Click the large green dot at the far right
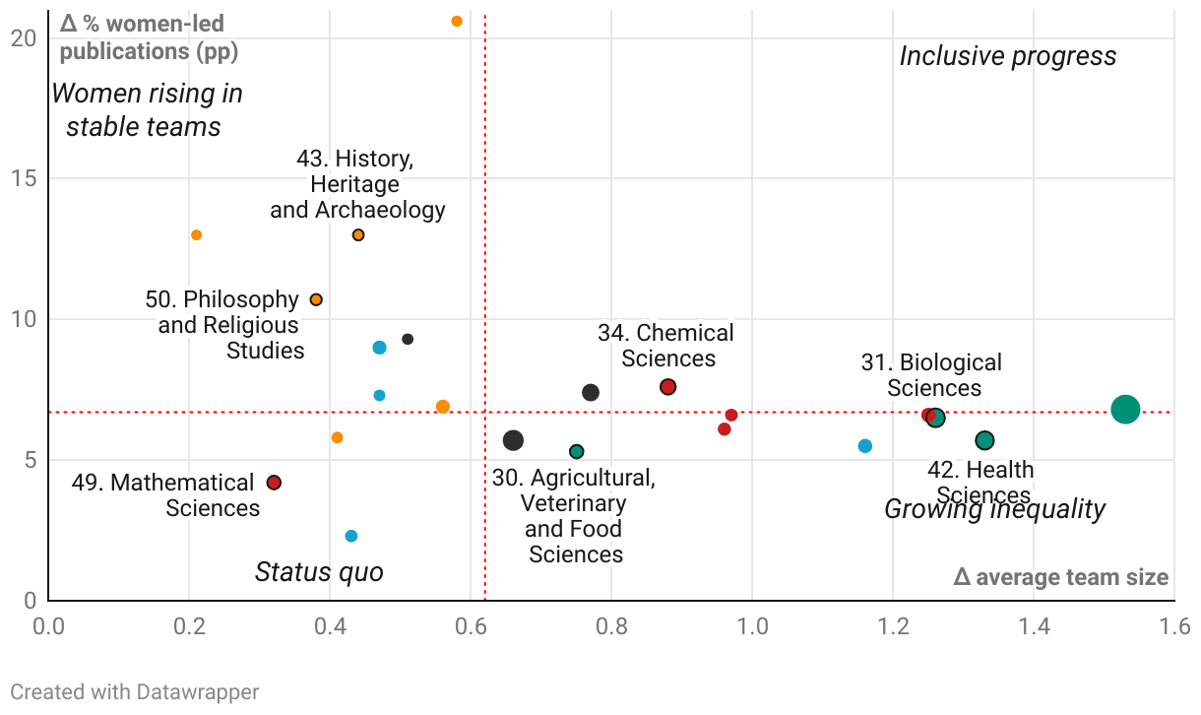click(x=1125, y=410)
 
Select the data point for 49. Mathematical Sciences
click(x=274, y=483)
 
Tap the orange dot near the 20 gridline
click(x=457, y=21)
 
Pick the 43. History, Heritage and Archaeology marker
click(x=358, y=234)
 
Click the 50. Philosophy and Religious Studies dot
click(x=316, y=299)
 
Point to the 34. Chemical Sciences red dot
click(x=667, y=387)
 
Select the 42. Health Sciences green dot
click(x=984, y=440)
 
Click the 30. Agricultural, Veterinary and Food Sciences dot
click(x=577, y=451)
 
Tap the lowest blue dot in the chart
click(x=351, y=536)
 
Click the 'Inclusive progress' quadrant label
click(x=1008, y=56)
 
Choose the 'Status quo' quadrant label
click(x=319, y=572)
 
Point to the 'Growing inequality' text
click(x=994, y=509)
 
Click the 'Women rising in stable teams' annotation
click(x=146, y=110)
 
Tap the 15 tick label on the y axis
click(x=24, y=178)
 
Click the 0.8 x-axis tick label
click(x=611, y=627)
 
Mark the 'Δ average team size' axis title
click(x=1060, y=577)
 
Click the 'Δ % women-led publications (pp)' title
click(x=150, y=36)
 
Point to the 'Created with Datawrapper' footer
click(x=135, y=692)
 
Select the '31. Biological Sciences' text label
click(x=931, y=375)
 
